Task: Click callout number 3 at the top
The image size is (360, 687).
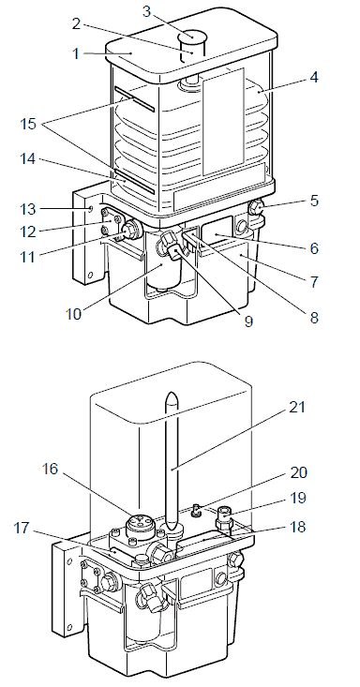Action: [x=146, y=11]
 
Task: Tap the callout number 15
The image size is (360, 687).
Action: [x=28, y=124]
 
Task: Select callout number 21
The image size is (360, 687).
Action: [x=296, y=407]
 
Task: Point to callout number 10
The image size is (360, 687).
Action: [x=74, y=314]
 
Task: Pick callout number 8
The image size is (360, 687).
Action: [x=314, y=317]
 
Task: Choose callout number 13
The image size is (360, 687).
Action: [x=29, y=209]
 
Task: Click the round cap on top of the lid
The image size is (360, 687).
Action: [x=192, y=35]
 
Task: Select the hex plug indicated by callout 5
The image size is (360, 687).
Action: [x=255, y=205]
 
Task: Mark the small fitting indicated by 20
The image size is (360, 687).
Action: [x=196, y=509]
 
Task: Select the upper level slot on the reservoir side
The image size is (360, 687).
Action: [x=134, y=98]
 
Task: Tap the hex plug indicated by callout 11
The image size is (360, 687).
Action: [x=129, y=230]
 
